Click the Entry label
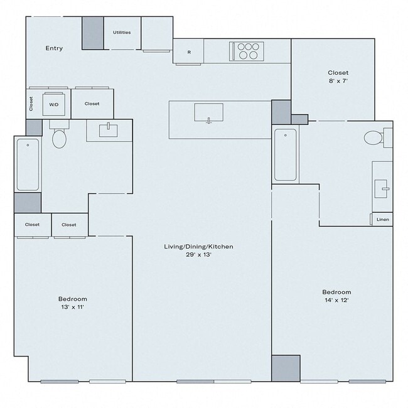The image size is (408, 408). pos(54,48)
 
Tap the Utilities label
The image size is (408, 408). pos(122,32)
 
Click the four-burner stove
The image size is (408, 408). pos(247,50)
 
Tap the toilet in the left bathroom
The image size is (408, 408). pos(59,137)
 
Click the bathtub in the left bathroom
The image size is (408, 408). pos(28,164)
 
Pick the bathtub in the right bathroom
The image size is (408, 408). pos(285,154)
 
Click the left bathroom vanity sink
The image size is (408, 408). pos(109,131)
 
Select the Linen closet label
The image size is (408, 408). pos(382,220)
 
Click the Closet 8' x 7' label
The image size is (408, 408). pos(338,77)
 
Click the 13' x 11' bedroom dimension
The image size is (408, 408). pos(73,308)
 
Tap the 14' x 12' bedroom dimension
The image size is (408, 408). pos(336,301)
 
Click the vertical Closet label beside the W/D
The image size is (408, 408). pos(31,104)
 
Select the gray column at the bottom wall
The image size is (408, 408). pos(286,368)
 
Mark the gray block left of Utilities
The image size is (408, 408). pos(93,33)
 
